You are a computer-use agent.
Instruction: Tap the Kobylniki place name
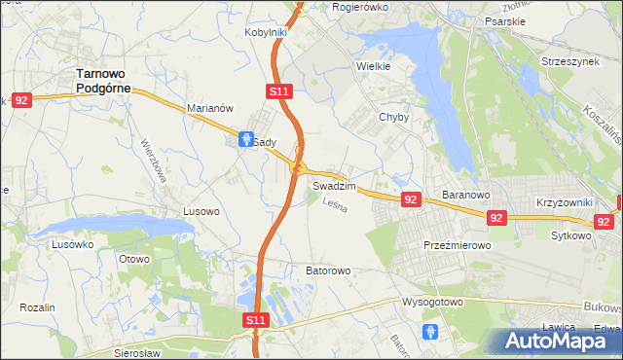[265, 32]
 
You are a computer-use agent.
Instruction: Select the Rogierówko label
[360, 6]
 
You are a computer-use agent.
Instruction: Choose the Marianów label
[209, 108]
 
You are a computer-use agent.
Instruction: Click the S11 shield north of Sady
[277, 90]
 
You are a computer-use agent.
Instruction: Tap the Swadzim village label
[333, 184]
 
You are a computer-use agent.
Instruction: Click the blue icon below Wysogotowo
[431, 332]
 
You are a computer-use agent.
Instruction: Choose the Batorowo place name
[328, 270]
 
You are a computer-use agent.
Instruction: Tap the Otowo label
[134, 259]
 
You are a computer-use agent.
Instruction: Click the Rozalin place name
[36, 307]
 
